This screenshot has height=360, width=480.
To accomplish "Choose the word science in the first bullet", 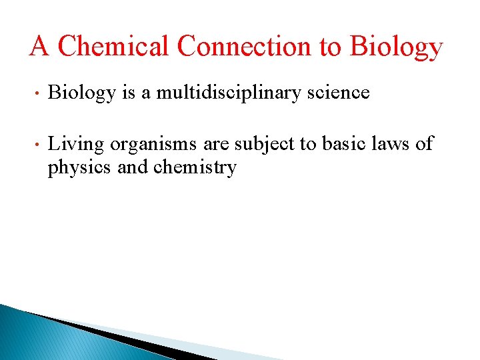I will [340, 93].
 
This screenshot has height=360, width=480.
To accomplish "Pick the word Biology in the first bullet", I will [81, 93].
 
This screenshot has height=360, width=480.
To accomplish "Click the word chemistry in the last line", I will [195, 168].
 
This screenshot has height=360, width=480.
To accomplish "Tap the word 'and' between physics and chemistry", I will [133, 167].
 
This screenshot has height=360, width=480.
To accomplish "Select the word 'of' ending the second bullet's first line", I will [425, 143].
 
